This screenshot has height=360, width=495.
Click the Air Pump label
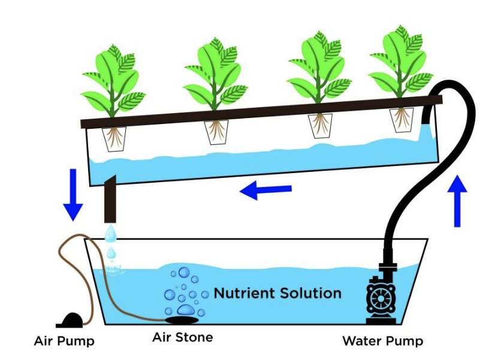(x=64, y=341)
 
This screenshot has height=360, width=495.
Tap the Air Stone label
(x=182, y=337)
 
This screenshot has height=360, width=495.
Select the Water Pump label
(x=382, y=341)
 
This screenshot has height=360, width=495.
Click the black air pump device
(x=71, y=319)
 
